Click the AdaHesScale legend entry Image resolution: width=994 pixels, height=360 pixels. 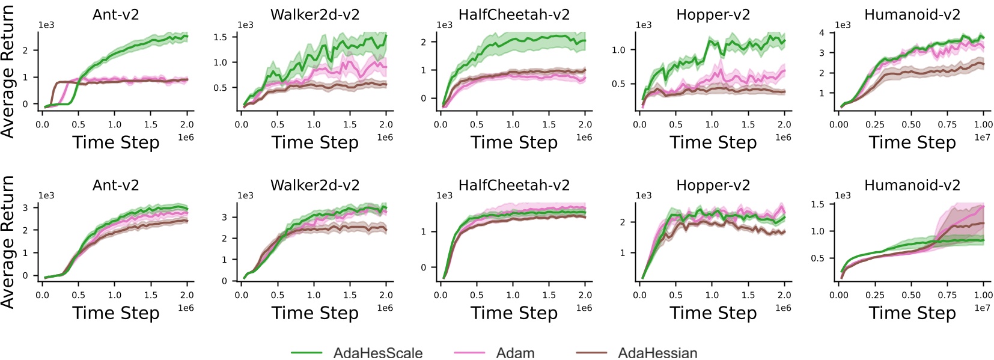(377, 353)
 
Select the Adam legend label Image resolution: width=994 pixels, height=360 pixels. (515, 353)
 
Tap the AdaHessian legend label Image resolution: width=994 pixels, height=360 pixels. (657, 353)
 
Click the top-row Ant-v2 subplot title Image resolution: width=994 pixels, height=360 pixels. (116, 14)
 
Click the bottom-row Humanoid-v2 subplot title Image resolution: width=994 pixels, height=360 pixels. (912, 185)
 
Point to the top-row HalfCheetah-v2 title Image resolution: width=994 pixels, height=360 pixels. (514, 14)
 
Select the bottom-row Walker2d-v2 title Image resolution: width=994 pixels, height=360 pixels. (315, 185)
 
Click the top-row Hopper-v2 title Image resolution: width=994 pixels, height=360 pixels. (713, 14)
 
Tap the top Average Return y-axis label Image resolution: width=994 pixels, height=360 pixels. (8, 71)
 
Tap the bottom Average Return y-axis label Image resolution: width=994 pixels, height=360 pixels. (8, 242)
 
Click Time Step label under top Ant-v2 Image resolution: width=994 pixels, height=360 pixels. (116, 142)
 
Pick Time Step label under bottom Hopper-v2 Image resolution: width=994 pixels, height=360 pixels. (713, 313)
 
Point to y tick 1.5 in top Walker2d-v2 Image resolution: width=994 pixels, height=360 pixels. (220, 37)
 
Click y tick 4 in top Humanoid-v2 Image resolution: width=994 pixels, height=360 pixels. (822, 32)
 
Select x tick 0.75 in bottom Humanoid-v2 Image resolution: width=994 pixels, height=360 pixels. (947, 295)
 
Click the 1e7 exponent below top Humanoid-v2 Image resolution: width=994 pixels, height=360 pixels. (982, 138)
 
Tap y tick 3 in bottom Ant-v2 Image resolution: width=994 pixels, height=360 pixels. (25, 207)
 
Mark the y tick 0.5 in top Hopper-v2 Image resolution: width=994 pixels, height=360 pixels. (618, 84)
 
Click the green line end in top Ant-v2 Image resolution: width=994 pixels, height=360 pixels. (187, 37)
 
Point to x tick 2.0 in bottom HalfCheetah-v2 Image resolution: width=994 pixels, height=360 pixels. (585, 295)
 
